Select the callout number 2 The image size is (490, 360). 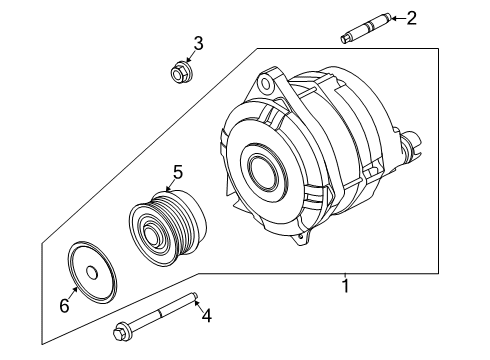411,16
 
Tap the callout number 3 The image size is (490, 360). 199,43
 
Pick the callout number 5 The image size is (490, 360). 177,173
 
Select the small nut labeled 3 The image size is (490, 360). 180,72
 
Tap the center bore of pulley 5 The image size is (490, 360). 154,237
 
